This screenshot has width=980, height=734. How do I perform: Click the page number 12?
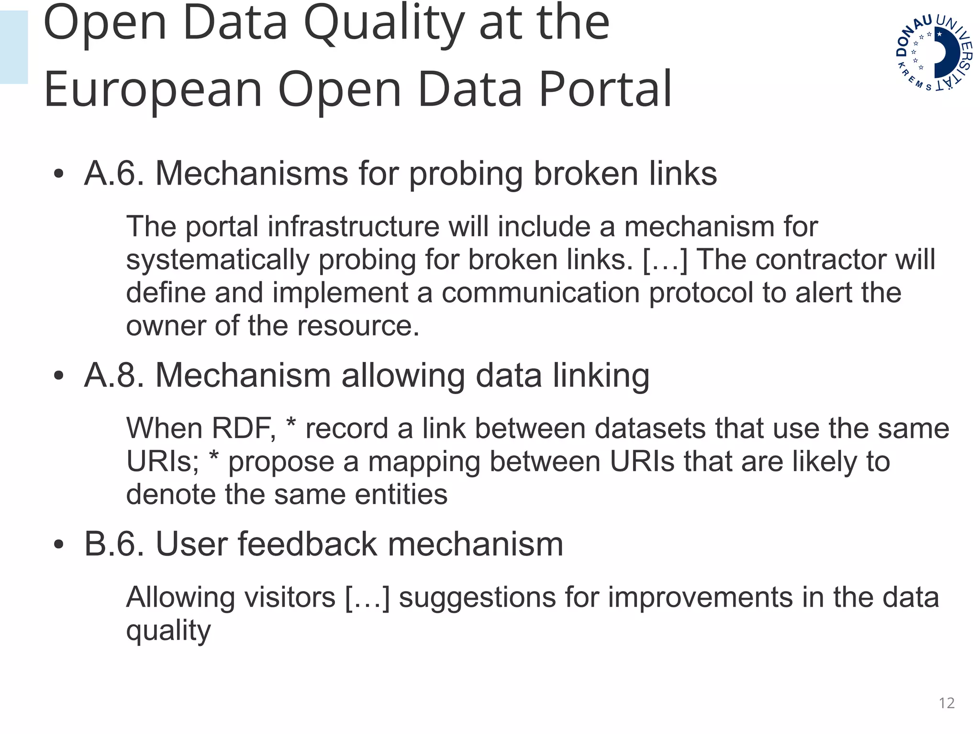[x=947, y=703]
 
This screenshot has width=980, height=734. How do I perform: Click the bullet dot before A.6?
[x=58, y=174]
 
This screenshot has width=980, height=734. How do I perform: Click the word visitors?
[x=290, y=597]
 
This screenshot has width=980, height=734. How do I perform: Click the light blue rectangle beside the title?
[x=14, y=47]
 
